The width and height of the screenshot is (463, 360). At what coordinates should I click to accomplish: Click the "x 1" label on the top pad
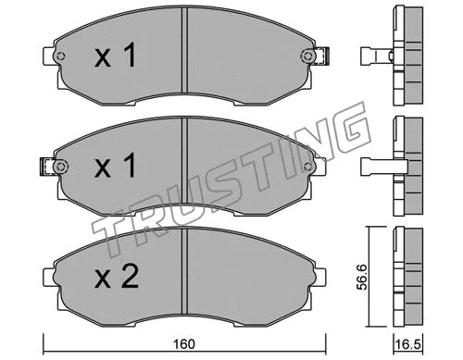[x=119, y=56]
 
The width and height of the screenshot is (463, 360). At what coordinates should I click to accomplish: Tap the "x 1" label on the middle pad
[x=119, y=168]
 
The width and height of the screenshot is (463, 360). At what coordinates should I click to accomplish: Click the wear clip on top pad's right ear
[x=319, y=57]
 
